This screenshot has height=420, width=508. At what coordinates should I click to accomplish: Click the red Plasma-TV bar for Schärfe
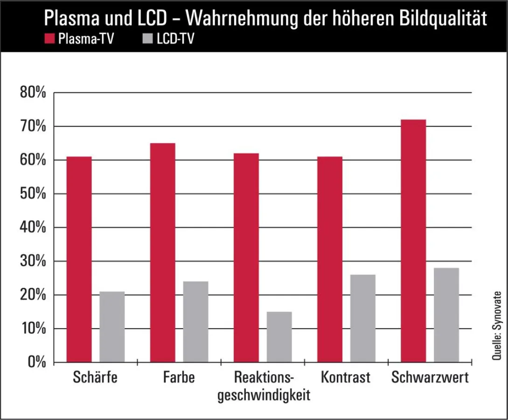tap(78, 259)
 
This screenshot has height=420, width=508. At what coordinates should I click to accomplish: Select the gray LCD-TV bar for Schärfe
tap(112, 327)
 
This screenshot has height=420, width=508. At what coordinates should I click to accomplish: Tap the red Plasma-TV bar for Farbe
tap(162, 252)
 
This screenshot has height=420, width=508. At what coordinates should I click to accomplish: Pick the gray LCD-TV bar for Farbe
tap(195, 322)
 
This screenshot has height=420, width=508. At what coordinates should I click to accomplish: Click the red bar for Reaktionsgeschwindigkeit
tap(246, 258)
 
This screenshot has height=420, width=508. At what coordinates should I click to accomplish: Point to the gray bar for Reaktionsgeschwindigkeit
tap(279, 337)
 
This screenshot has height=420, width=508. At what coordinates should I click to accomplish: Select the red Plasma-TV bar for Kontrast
tap(329, 259)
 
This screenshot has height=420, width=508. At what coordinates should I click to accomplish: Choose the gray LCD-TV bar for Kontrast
tap(363, 318)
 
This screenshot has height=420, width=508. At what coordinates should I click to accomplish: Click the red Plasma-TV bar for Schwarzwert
tap(413, 241)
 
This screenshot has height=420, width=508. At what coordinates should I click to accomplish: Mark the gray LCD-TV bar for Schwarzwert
tap(446, 315)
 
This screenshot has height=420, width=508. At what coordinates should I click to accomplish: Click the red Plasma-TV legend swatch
tap(50, 39)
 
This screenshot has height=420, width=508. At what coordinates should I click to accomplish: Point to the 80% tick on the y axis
tap(33, 93)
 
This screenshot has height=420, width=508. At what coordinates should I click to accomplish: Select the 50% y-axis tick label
tap(33, 194)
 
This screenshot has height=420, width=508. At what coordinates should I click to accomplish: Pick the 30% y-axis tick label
tap(33, 261)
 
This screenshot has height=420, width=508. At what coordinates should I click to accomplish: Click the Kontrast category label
tap(346, 378)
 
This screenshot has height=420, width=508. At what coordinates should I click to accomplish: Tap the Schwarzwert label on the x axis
tap(430, 378)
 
